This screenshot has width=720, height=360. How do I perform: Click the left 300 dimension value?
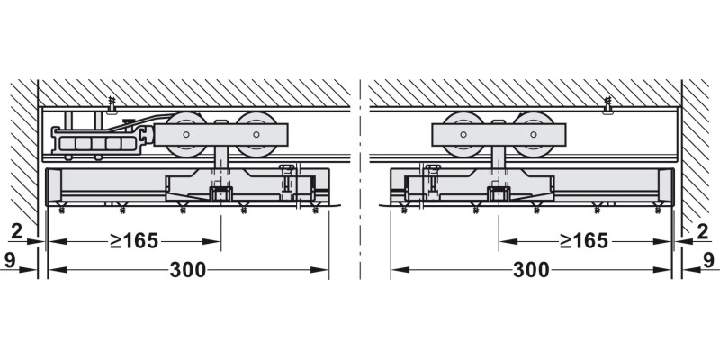tap(188, 270)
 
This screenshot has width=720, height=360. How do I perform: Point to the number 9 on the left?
tap(9, 261)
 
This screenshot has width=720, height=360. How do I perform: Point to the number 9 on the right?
tap(708, 261)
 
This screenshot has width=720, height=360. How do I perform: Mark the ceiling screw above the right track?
tap(608, 107)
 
